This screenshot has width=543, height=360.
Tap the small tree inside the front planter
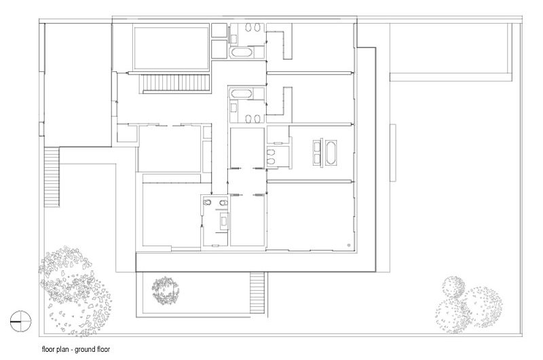pyautogui.click(x=166, y=290)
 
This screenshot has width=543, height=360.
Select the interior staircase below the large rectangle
pyautogui.click(x=174, y=84)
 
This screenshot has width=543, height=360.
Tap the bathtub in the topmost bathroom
pyautogui.click(x=242, y=52)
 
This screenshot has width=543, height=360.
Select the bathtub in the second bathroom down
pyautogui.click(x=242, y=94)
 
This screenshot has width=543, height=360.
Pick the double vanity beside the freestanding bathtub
pyautogui.click(x=317, y=153)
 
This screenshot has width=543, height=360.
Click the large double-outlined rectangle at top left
pyautogui.click(x=171, y=47)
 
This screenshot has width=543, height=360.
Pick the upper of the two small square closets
pyautogui.click(x=219, y=31)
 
